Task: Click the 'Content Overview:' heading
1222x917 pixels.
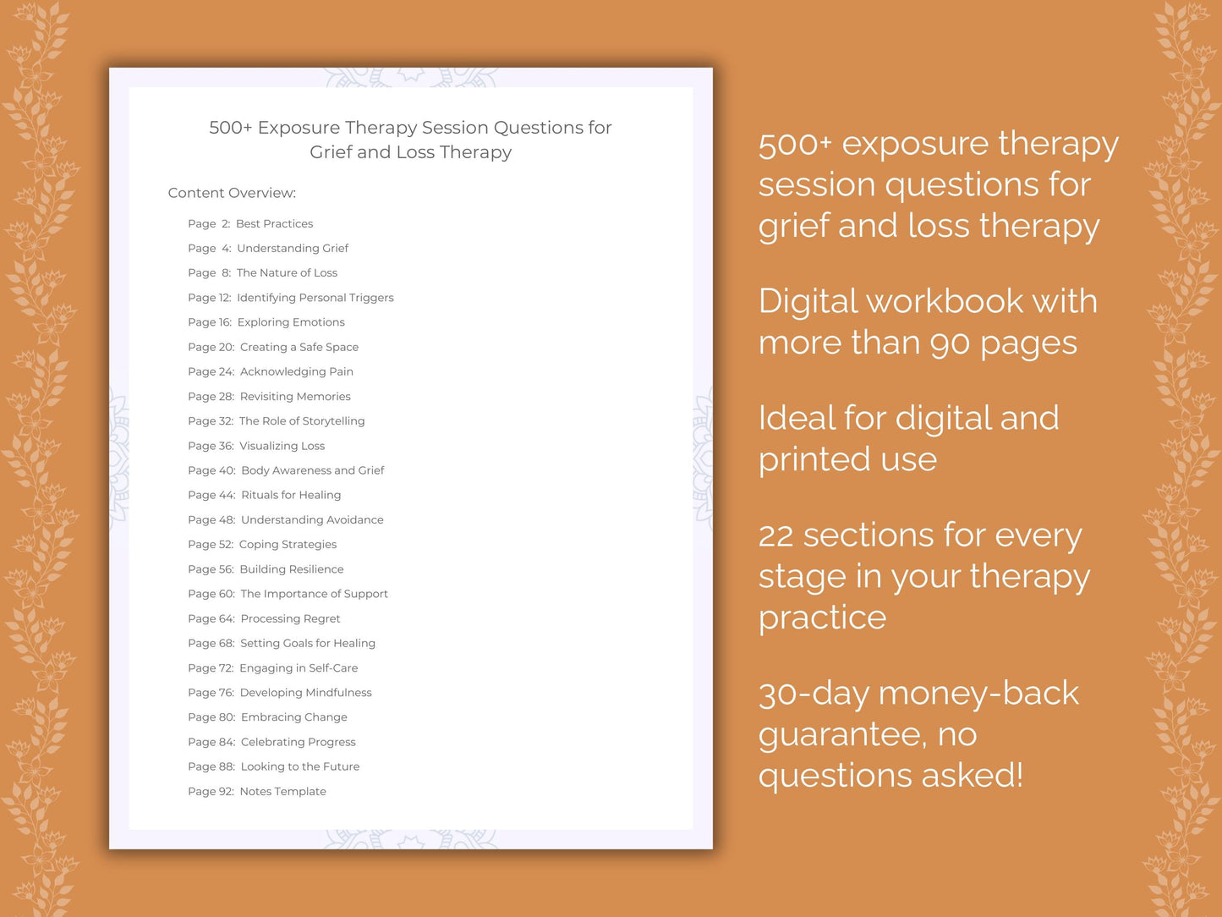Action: click(232, 193)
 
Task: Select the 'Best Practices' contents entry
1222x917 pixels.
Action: click(274, 224)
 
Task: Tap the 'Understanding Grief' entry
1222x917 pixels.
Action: click(292, 249)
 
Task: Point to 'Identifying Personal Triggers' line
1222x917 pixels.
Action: click(315, 298)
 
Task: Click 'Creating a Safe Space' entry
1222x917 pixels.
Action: click(299, 347)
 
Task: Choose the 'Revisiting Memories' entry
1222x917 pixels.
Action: click(294, 397)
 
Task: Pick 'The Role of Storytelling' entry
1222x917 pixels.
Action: click(301, 421)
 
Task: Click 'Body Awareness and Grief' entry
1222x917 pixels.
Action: click(312, 470)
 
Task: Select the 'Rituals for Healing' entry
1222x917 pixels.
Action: click(291, 495)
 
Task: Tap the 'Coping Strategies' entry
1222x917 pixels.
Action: click(288, 545)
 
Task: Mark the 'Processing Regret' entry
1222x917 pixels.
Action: click(290, 619)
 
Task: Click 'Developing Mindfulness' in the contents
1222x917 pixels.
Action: click(305, 693)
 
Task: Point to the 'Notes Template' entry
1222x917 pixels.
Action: click(282, 792)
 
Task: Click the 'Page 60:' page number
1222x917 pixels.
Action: click(211, 594)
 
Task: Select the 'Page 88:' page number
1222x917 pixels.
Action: click(211, 767)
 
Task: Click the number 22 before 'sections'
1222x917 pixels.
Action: click(775, 536)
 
